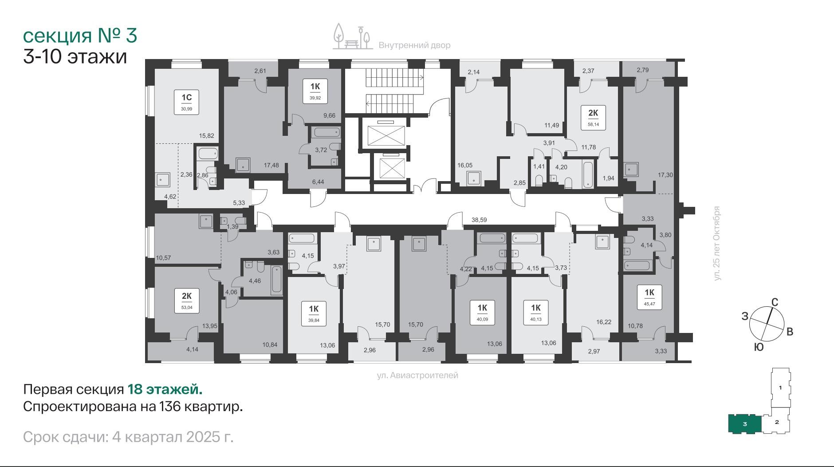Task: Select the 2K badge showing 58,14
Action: [x=593, y=118]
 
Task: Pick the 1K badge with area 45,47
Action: [x=649, y=297]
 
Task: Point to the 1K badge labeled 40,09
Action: [x=482, y=313]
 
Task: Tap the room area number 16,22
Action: [x=604, y=322]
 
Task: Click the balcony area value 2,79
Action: [x=642, y=70]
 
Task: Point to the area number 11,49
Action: [x=551, y=125]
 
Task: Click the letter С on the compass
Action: [x=775, y=302]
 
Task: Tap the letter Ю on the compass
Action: [x=759, y=348]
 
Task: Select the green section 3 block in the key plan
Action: [x=745, y=424]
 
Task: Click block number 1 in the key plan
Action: [x=780, y=388]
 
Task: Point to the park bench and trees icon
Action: [x=352, y=36]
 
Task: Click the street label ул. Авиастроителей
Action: [x=417, y=376]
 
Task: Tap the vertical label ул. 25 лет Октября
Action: [x=717, y=243]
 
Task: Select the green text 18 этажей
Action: [x=165, y=390]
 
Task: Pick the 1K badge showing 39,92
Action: [x=315, y=91]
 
